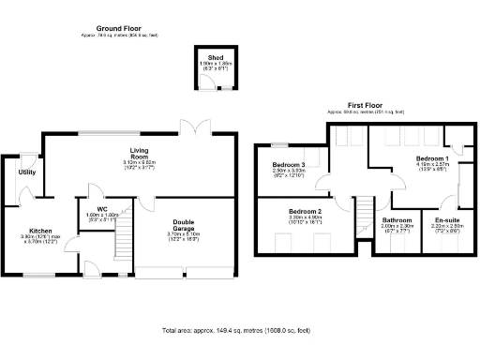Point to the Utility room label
click(26, 172)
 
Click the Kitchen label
click(39, 231)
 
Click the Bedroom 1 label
click(432, 159)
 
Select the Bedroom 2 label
click(305, 213)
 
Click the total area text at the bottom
click(240, 331)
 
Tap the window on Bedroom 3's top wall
click(278, 144)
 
